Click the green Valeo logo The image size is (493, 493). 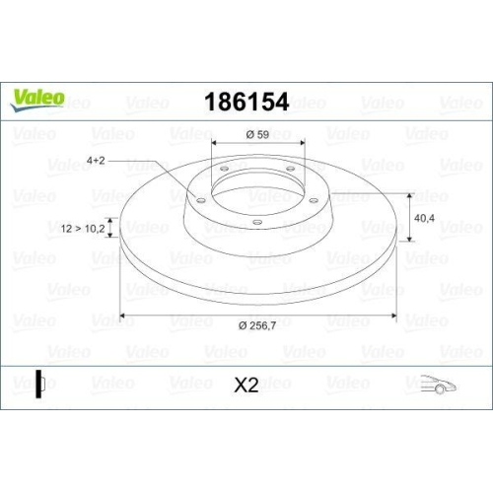38,98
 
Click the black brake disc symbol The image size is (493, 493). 38,384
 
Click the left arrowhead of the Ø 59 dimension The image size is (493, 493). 214,148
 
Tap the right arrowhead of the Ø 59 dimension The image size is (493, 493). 302,148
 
